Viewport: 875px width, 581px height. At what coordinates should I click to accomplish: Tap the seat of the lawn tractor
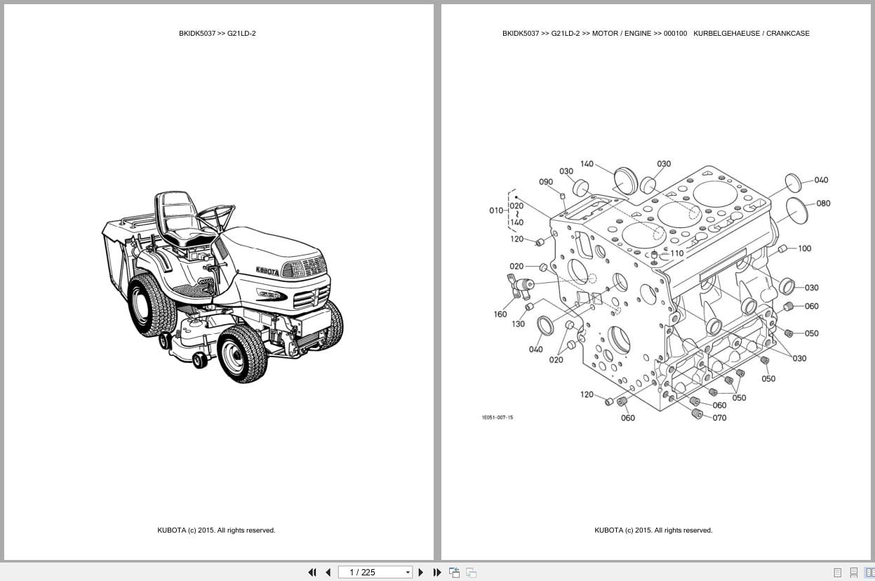tap(181, 218)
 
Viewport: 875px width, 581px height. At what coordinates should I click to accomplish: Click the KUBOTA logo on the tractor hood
tap(267, 271)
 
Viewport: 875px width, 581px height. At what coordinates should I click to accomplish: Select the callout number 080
tap(823, 203)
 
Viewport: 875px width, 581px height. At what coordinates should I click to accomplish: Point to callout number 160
tap(500, 314)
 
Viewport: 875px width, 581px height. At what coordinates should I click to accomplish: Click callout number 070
tap(719, 418)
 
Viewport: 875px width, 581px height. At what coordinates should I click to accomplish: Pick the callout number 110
tap(676, 253)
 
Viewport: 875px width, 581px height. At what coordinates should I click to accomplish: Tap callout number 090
tap(546, 182)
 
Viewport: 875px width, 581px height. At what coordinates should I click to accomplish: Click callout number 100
tap(804, 248)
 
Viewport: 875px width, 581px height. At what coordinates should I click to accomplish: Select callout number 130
tap(518, 324)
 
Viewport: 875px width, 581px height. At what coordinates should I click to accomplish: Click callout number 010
tap(496, 211)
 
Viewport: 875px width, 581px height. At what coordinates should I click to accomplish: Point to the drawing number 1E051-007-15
tap(497, 418)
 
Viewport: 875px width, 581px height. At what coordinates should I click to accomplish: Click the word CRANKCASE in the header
tap(787, 33)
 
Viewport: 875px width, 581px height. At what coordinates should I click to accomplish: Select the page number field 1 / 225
tap(375, 573)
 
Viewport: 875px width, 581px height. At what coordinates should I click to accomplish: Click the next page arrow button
tap(421, 573)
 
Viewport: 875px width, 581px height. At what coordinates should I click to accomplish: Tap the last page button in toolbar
tap(437, 573)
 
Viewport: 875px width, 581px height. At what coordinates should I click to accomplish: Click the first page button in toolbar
tap(312, 573)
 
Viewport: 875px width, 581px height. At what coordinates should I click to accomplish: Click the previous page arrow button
tap(328, 573)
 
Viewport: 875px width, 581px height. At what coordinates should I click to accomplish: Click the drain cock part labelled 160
tap(521, 285)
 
